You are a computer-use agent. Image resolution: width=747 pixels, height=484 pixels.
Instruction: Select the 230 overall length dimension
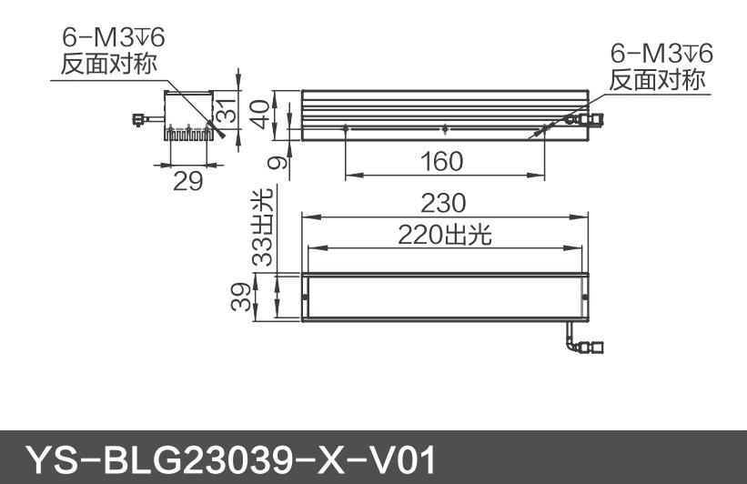point(443,202)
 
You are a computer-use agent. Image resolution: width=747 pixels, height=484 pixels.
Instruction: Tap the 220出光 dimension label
point(444,235)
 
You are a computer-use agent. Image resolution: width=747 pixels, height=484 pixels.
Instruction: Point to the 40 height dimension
point(262,115)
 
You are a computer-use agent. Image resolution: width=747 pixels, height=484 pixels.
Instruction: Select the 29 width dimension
point(187,180)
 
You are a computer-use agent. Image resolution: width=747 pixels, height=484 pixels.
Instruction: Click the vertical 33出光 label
point(263,227)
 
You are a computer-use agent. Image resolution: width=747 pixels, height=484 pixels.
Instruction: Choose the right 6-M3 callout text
point(661,53)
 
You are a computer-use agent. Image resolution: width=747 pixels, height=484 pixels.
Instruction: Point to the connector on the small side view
point(141,118)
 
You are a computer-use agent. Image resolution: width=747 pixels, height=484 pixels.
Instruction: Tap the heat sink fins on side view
point(188,134)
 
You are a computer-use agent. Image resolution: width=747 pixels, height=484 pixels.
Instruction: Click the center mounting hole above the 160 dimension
point(443,126)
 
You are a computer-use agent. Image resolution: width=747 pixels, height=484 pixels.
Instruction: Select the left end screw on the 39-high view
point(305,297)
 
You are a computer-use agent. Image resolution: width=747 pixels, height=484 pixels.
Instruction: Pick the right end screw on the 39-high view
point(583,297)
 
